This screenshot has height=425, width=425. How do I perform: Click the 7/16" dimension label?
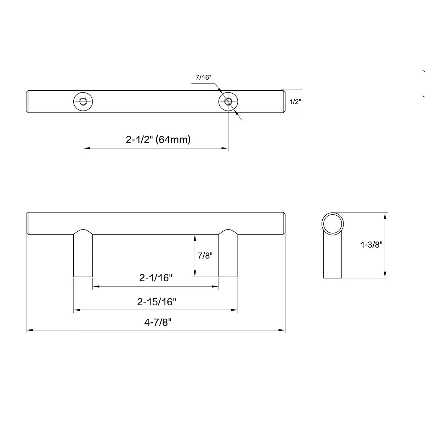click(x=203, y=78)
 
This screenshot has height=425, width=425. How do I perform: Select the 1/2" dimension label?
click(x=295, y=102)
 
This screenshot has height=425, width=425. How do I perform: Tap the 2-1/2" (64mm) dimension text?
click(x=158, y=140)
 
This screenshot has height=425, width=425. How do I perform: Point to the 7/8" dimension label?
click(x=204, y=255)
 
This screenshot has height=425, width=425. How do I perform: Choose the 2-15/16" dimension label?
click(x=157, y=302)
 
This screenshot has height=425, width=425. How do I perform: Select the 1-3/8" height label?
click(x=371, y=244)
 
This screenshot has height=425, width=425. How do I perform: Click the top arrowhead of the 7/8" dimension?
click(x=194, y=237)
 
